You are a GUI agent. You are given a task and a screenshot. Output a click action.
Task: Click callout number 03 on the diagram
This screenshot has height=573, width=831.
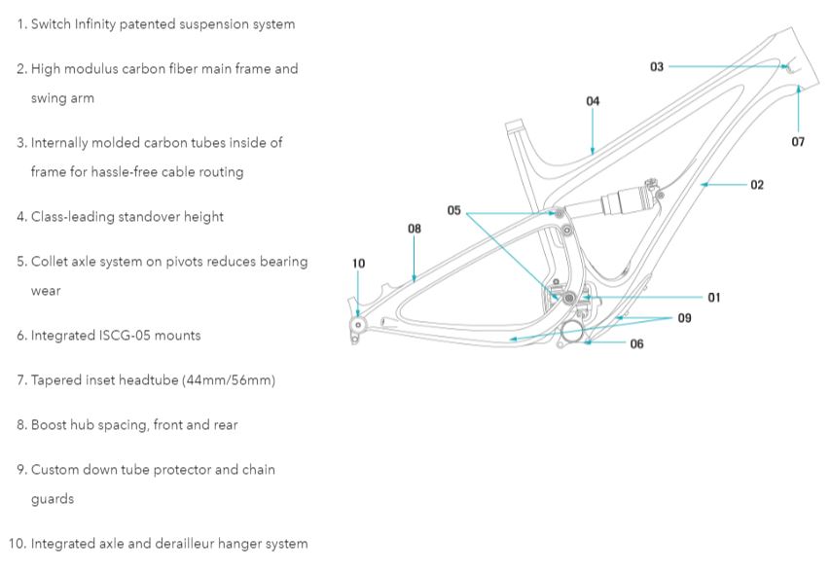pos(657,66)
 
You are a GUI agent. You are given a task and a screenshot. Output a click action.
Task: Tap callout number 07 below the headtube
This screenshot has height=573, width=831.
pos(798,142)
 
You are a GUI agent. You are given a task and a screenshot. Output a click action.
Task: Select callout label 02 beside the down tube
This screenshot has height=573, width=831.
pos(757,184)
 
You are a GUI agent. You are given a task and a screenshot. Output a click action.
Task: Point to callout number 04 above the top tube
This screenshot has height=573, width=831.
pos(593,101)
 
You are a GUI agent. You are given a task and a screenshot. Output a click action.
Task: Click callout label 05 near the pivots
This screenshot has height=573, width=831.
pos(454,210)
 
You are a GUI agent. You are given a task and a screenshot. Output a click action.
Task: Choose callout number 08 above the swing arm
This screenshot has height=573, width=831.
pos(415,229)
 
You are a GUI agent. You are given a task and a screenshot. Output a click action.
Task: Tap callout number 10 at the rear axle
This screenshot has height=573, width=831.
pos(358,263)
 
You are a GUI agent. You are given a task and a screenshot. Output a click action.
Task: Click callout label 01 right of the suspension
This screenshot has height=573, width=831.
pos(714,297)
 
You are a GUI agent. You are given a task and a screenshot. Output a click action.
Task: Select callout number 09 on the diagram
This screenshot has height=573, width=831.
pos(685,318)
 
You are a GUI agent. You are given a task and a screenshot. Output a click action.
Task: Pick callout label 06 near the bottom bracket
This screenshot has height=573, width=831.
pos(636,343)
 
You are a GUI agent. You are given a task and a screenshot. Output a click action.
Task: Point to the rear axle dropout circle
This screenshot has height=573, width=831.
pos(358,325)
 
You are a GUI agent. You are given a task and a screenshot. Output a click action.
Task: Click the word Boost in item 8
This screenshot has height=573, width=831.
pos(51,424)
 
